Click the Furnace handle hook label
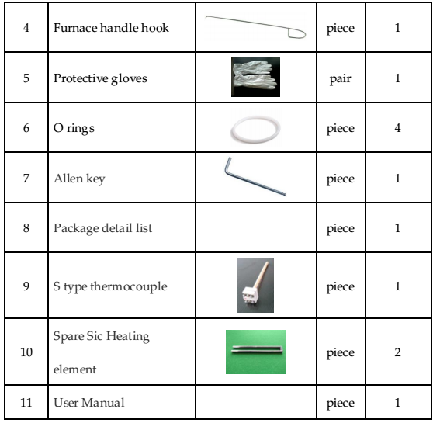point(111,28)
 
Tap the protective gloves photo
point(255,77)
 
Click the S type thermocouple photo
point(255,285)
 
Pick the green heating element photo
point(255,352)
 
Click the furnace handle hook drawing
point(255,27)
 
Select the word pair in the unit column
point(341,79)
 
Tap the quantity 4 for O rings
point(397,128)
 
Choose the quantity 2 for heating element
point(397,352)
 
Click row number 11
point(26,403)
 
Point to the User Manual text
point(89,403)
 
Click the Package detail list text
point(102,228)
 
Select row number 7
point(26,179)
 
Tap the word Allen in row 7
point(68,179)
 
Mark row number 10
point(26,352)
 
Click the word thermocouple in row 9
point(129,286)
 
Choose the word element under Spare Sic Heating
point(74,369)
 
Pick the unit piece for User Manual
point(341,404)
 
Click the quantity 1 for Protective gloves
point(397,78)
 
